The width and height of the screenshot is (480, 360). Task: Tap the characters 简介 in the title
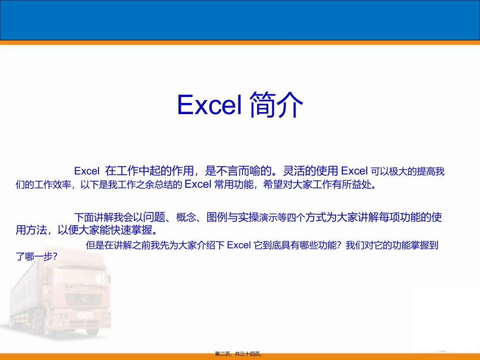[276, 105]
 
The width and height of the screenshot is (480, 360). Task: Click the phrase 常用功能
[232, 184]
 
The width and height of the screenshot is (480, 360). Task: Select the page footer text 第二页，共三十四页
[240, 354]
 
